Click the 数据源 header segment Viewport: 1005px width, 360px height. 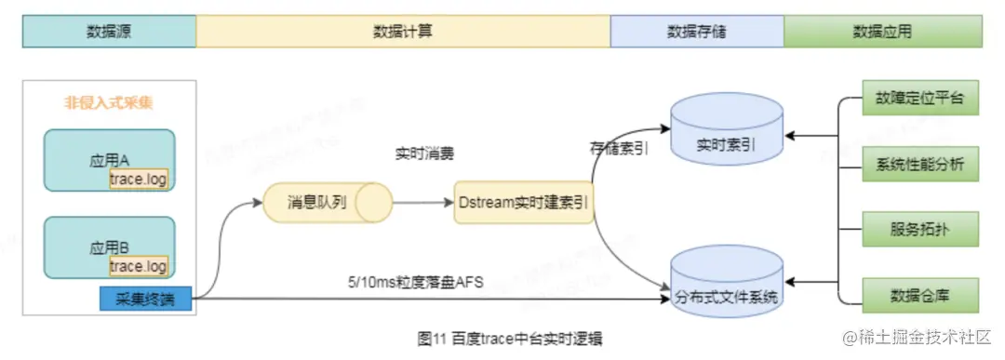coord(109,32)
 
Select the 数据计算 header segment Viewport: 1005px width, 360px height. coord(403,32)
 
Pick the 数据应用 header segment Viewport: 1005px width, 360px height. coord(881,32)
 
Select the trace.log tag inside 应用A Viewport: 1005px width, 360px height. coord(139,180)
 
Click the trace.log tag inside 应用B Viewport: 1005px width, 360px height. coord(139,267)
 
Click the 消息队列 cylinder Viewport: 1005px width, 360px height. coord(327,202)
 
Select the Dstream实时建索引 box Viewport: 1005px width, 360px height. coord(525,203)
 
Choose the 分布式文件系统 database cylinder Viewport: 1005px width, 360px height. coord(727,286)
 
